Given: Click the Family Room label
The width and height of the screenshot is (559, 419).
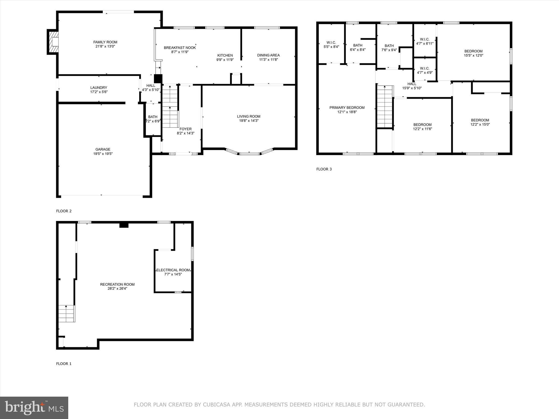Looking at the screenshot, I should point(105,42).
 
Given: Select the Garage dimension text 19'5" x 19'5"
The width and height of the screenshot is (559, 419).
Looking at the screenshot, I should point(103,154).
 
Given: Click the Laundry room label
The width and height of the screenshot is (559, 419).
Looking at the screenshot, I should point(99,88).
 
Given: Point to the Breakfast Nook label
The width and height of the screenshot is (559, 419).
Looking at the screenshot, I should point(180,48).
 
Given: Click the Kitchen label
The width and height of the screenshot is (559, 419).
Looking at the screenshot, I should point(225,55).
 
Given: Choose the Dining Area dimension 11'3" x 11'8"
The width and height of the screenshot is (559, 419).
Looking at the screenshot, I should point(268,59).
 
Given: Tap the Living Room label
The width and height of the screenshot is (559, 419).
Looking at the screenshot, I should point(248,116).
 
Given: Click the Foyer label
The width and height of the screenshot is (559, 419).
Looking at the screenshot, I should point(185,129).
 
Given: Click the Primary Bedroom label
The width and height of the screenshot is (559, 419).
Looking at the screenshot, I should point(347,107).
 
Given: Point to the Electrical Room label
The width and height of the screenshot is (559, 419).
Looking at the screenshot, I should point(173,270).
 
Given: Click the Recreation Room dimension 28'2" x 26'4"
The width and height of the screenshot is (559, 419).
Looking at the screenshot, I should point(117,289).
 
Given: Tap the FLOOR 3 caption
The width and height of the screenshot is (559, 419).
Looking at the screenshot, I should point(324,169).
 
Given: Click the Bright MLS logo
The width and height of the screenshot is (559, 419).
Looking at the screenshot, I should point(34,408).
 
